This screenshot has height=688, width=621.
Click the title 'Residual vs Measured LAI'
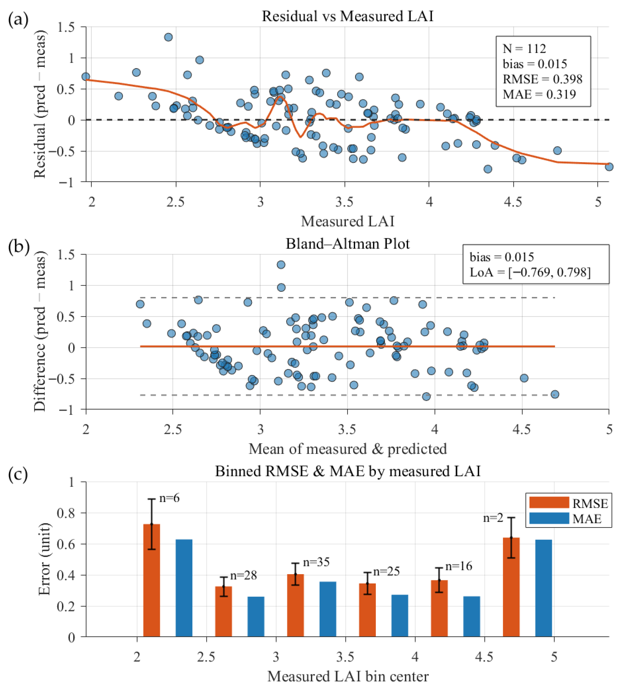[x=347, y=16]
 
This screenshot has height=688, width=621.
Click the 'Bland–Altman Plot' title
[x=347, y=244]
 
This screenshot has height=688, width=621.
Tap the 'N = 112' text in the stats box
[x=524, y=49]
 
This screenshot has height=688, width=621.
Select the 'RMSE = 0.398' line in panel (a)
[x=542, y=79]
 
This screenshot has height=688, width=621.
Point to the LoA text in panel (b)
[x=530, y=272]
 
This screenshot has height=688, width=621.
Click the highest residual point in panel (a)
[x=168, y=37]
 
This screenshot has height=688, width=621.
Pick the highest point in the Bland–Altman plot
[x=281, y=265]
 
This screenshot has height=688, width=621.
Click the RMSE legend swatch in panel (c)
[x=549, y=502]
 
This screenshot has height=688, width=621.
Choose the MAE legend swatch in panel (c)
[x=549, y=518]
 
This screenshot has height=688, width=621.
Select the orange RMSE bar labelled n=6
[x=151, y=580]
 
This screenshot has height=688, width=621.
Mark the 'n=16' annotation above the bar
[x=459, y=566]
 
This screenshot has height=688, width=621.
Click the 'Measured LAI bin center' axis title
[x=347, y=676]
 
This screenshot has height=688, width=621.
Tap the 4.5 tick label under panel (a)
[x=513, y=202]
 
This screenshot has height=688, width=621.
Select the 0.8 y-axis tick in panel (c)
[x=67, y=513]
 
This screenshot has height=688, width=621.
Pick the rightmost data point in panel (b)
[x=555, y=394]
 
